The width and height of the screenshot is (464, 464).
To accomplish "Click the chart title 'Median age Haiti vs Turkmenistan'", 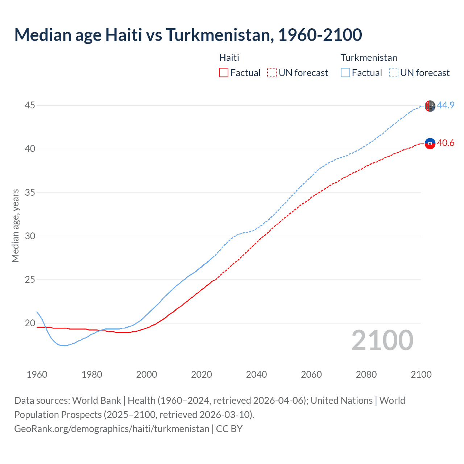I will click(x=188, y=35).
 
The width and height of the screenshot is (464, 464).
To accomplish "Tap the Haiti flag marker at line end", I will click(x=430, y=144).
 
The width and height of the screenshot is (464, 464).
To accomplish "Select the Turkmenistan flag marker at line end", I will click(x=430, y=106).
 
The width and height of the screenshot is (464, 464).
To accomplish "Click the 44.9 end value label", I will click(x=446, y=105).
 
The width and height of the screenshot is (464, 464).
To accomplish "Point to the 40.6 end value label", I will click(x=446, y=143).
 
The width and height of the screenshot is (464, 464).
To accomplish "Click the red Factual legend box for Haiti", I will click(x=224, y=73).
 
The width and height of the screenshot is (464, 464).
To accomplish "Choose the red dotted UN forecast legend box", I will click(x=272, y=73).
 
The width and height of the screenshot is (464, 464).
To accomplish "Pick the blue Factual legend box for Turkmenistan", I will click(x=345, y=73).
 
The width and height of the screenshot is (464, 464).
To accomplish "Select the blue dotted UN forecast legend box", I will click(x=394, y=73).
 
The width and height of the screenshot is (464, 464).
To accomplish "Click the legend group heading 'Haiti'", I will click(x=229, y=58).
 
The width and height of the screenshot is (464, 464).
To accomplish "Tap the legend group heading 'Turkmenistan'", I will click(x=369, y=58).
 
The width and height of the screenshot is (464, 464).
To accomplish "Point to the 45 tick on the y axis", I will click(x=30, y=105).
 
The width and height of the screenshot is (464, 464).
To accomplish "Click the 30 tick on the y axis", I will click(x=30, y=236).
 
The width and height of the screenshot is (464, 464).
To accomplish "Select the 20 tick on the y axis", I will click(x=30, y=323).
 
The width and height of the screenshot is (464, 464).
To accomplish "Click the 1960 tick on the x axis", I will click(x=37, y=374).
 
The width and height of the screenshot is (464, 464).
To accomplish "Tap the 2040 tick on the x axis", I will click(x=256, y=374).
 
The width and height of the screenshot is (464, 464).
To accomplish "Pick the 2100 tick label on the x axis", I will click(x=421, y=374).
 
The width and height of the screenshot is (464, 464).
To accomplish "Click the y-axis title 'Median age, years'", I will click(x=15, y=225).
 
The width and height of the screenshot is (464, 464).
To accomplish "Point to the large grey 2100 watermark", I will click(x=382, y=340).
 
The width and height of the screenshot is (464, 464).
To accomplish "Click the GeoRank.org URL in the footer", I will click(x=112, y=429).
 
